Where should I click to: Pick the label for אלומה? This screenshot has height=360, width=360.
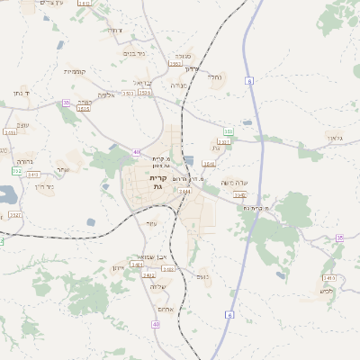pos(106,94)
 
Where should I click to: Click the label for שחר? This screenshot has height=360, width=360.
pos(61,169)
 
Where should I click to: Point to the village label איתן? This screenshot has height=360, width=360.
pos(118,268)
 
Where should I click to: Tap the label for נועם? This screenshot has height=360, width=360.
pos(202,276)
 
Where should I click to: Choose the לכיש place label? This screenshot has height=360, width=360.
pos(327,290)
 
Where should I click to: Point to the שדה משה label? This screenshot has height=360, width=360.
pos(234,181)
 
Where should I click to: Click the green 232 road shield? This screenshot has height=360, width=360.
pos(16,170)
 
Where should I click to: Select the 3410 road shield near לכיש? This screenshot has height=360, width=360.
pos(328,277)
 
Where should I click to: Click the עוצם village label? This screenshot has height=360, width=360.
pos(151,223)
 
